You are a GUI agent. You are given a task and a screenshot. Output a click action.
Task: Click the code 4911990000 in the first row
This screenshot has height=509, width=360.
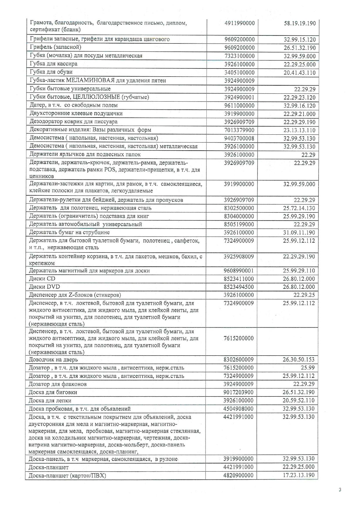tap(240, 23)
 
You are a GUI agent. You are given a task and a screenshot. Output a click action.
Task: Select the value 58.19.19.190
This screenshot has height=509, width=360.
tap(300, 23)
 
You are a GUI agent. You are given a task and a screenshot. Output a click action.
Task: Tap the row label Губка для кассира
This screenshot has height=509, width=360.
tap(54, 64)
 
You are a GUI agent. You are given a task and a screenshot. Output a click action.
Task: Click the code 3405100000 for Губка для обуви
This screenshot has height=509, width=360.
tap(240, 72)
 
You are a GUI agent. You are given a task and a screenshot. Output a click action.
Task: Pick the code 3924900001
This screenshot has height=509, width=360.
tap(240, 97)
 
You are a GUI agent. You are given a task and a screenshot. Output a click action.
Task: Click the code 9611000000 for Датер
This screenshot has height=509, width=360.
tap(240, 105)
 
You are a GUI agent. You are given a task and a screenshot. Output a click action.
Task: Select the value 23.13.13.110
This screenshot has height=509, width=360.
tap(299, 130)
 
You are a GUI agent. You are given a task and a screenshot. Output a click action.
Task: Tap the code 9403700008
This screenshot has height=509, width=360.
tap(240, 138)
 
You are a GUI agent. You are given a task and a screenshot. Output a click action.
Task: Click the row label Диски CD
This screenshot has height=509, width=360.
tap(42, 279)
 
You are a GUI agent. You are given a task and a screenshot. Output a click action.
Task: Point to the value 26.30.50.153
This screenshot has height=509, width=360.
tap(299, 360)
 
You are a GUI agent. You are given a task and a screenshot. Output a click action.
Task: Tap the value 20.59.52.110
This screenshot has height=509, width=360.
tap(299, 400)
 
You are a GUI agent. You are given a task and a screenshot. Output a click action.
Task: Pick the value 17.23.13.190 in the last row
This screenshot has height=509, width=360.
tap(299, 475)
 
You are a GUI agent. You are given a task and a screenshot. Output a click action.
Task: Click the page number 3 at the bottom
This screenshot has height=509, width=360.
tap(340, 490)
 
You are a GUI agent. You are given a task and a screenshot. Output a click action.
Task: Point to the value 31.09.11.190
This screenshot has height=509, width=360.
tap(299, 232)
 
